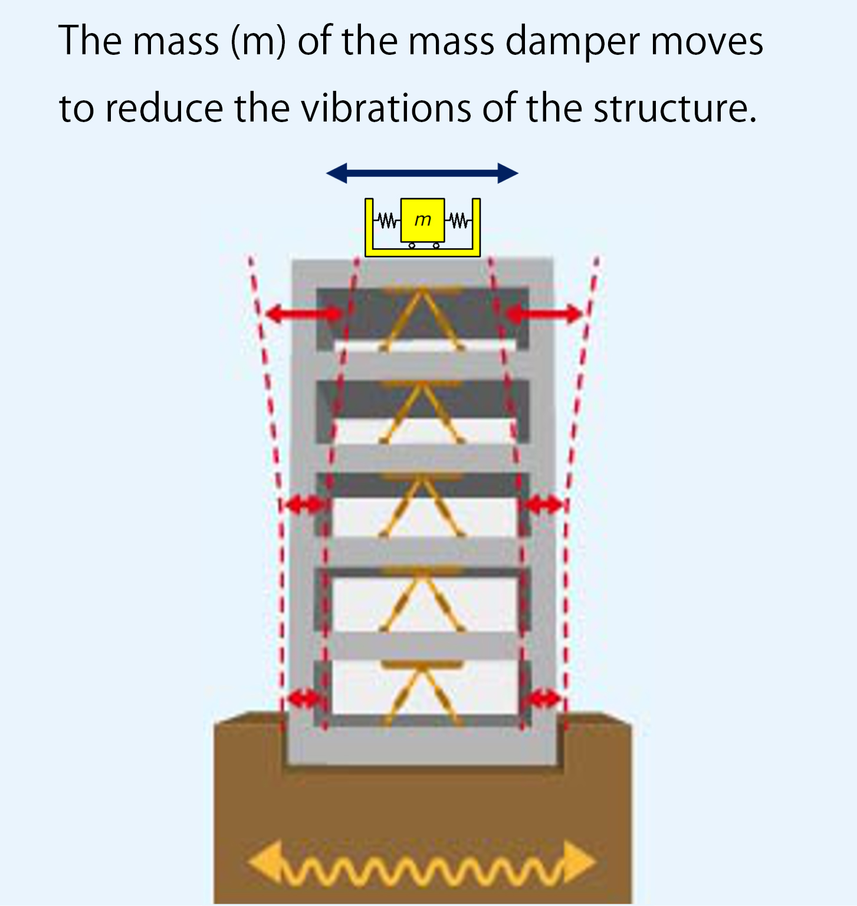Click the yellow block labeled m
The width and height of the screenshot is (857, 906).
422,220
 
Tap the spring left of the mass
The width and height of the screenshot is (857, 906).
387,221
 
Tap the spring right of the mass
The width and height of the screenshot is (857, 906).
459,221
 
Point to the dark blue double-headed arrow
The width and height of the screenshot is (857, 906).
422,173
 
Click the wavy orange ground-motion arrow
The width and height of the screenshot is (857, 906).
421,865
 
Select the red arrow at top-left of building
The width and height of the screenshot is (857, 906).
304,314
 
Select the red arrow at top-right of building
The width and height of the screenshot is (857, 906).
544,314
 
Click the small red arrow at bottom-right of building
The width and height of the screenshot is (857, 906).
543,699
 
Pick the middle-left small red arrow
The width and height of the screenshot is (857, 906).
303,504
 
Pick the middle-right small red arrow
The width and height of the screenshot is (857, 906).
544,504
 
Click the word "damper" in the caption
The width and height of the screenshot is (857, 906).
573,42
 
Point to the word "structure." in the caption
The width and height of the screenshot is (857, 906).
674,109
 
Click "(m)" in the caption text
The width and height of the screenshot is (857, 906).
258,42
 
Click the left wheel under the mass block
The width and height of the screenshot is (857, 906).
412,245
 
